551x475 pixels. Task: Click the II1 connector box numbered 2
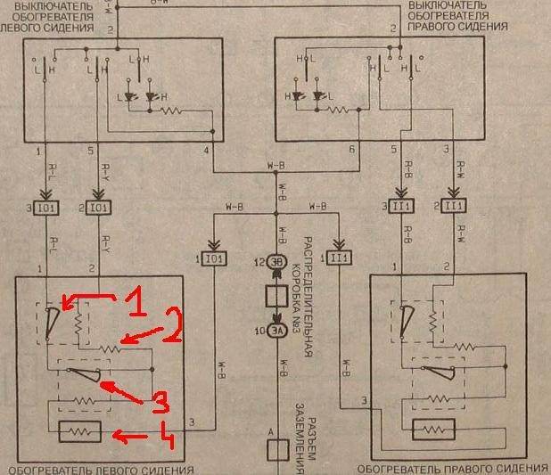coord(455,207)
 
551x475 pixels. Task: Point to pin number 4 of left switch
coord(206,150)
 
